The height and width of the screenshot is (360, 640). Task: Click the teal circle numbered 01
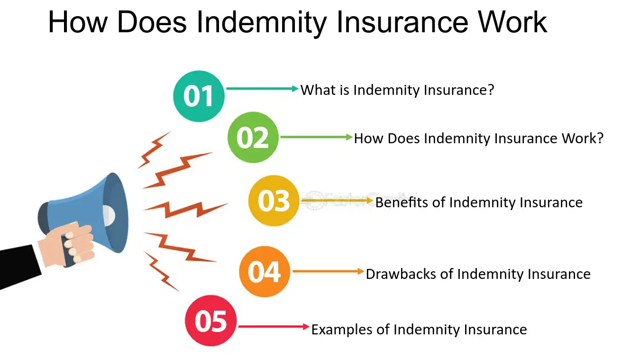click(199, 96)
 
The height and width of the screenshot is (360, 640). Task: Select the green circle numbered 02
click(252, 138)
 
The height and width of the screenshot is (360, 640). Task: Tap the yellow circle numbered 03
click(274, 201)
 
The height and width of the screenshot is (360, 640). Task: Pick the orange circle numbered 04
click(264, 272)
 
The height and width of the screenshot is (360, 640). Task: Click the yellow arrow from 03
click(337, 201)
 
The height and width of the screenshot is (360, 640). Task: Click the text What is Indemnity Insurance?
click(397, 90)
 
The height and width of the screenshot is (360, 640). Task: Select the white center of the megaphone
click(108, 215)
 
